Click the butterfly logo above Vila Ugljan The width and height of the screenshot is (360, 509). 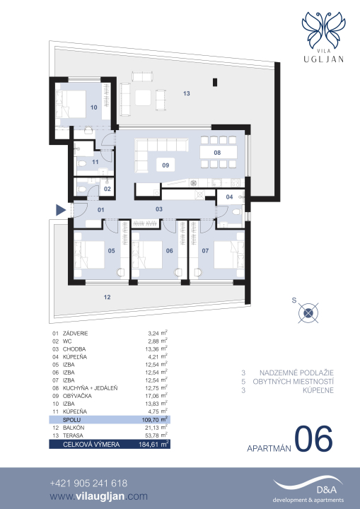click(x=323, y=30)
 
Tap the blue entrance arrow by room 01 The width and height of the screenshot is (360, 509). click(x=61, y=210)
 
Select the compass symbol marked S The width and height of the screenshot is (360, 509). click(x=308, y=313)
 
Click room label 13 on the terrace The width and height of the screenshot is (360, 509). click(x=186, y=93)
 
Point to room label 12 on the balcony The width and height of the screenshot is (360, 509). click(x=107, y=297)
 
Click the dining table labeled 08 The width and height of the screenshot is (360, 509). click(x=217, y=153)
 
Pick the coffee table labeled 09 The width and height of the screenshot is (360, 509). click(x=166, y=165)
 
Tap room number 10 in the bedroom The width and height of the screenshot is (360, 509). click(x=94, y=107)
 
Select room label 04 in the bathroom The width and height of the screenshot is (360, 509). click(x=229, y=197)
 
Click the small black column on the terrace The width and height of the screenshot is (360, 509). click(x=215, y=83)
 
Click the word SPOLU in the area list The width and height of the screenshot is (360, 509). click(x=71, y=420)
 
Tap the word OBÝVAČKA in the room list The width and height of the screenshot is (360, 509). click(x=77, y=396)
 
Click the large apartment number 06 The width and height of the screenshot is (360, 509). click(x=313, y=439)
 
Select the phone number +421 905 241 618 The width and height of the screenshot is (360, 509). click(x=88, y=484)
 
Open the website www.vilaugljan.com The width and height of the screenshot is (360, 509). click(x=99, y=497)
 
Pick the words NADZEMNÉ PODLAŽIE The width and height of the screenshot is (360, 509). click(x=296, y=373)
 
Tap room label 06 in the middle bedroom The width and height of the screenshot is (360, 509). click(x=169, y=250)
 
